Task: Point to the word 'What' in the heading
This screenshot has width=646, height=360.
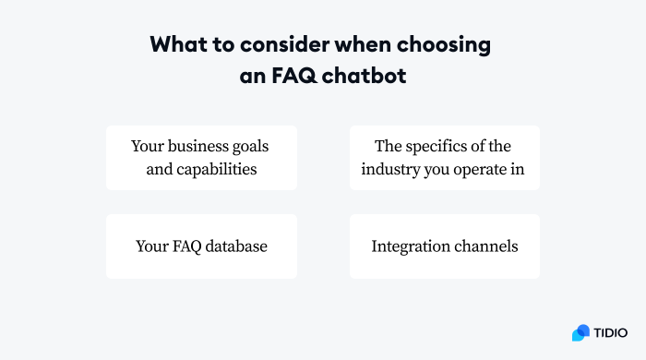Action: pyautogui.click(x=174, y=44)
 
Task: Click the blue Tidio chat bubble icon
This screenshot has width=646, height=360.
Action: pyautogui.click(x=580, y=332)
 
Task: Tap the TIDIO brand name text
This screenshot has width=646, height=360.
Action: pyautogui.click(x=610, y=332)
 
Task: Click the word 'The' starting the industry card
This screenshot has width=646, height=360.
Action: pyautogui.click(x=388, y=146)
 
